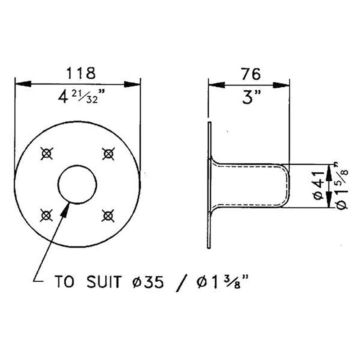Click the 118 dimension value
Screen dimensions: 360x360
(81, 72)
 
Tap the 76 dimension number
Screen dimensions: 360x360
(251, 73)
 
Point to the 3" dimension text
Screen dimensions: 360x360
(249, 97)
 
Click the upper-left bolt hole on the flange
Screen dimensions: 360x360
(47, 154)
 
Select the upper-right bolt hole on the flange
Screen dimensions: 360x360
(108, 154)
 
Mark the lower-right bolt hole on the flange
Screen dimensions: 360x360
(107, 216)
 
